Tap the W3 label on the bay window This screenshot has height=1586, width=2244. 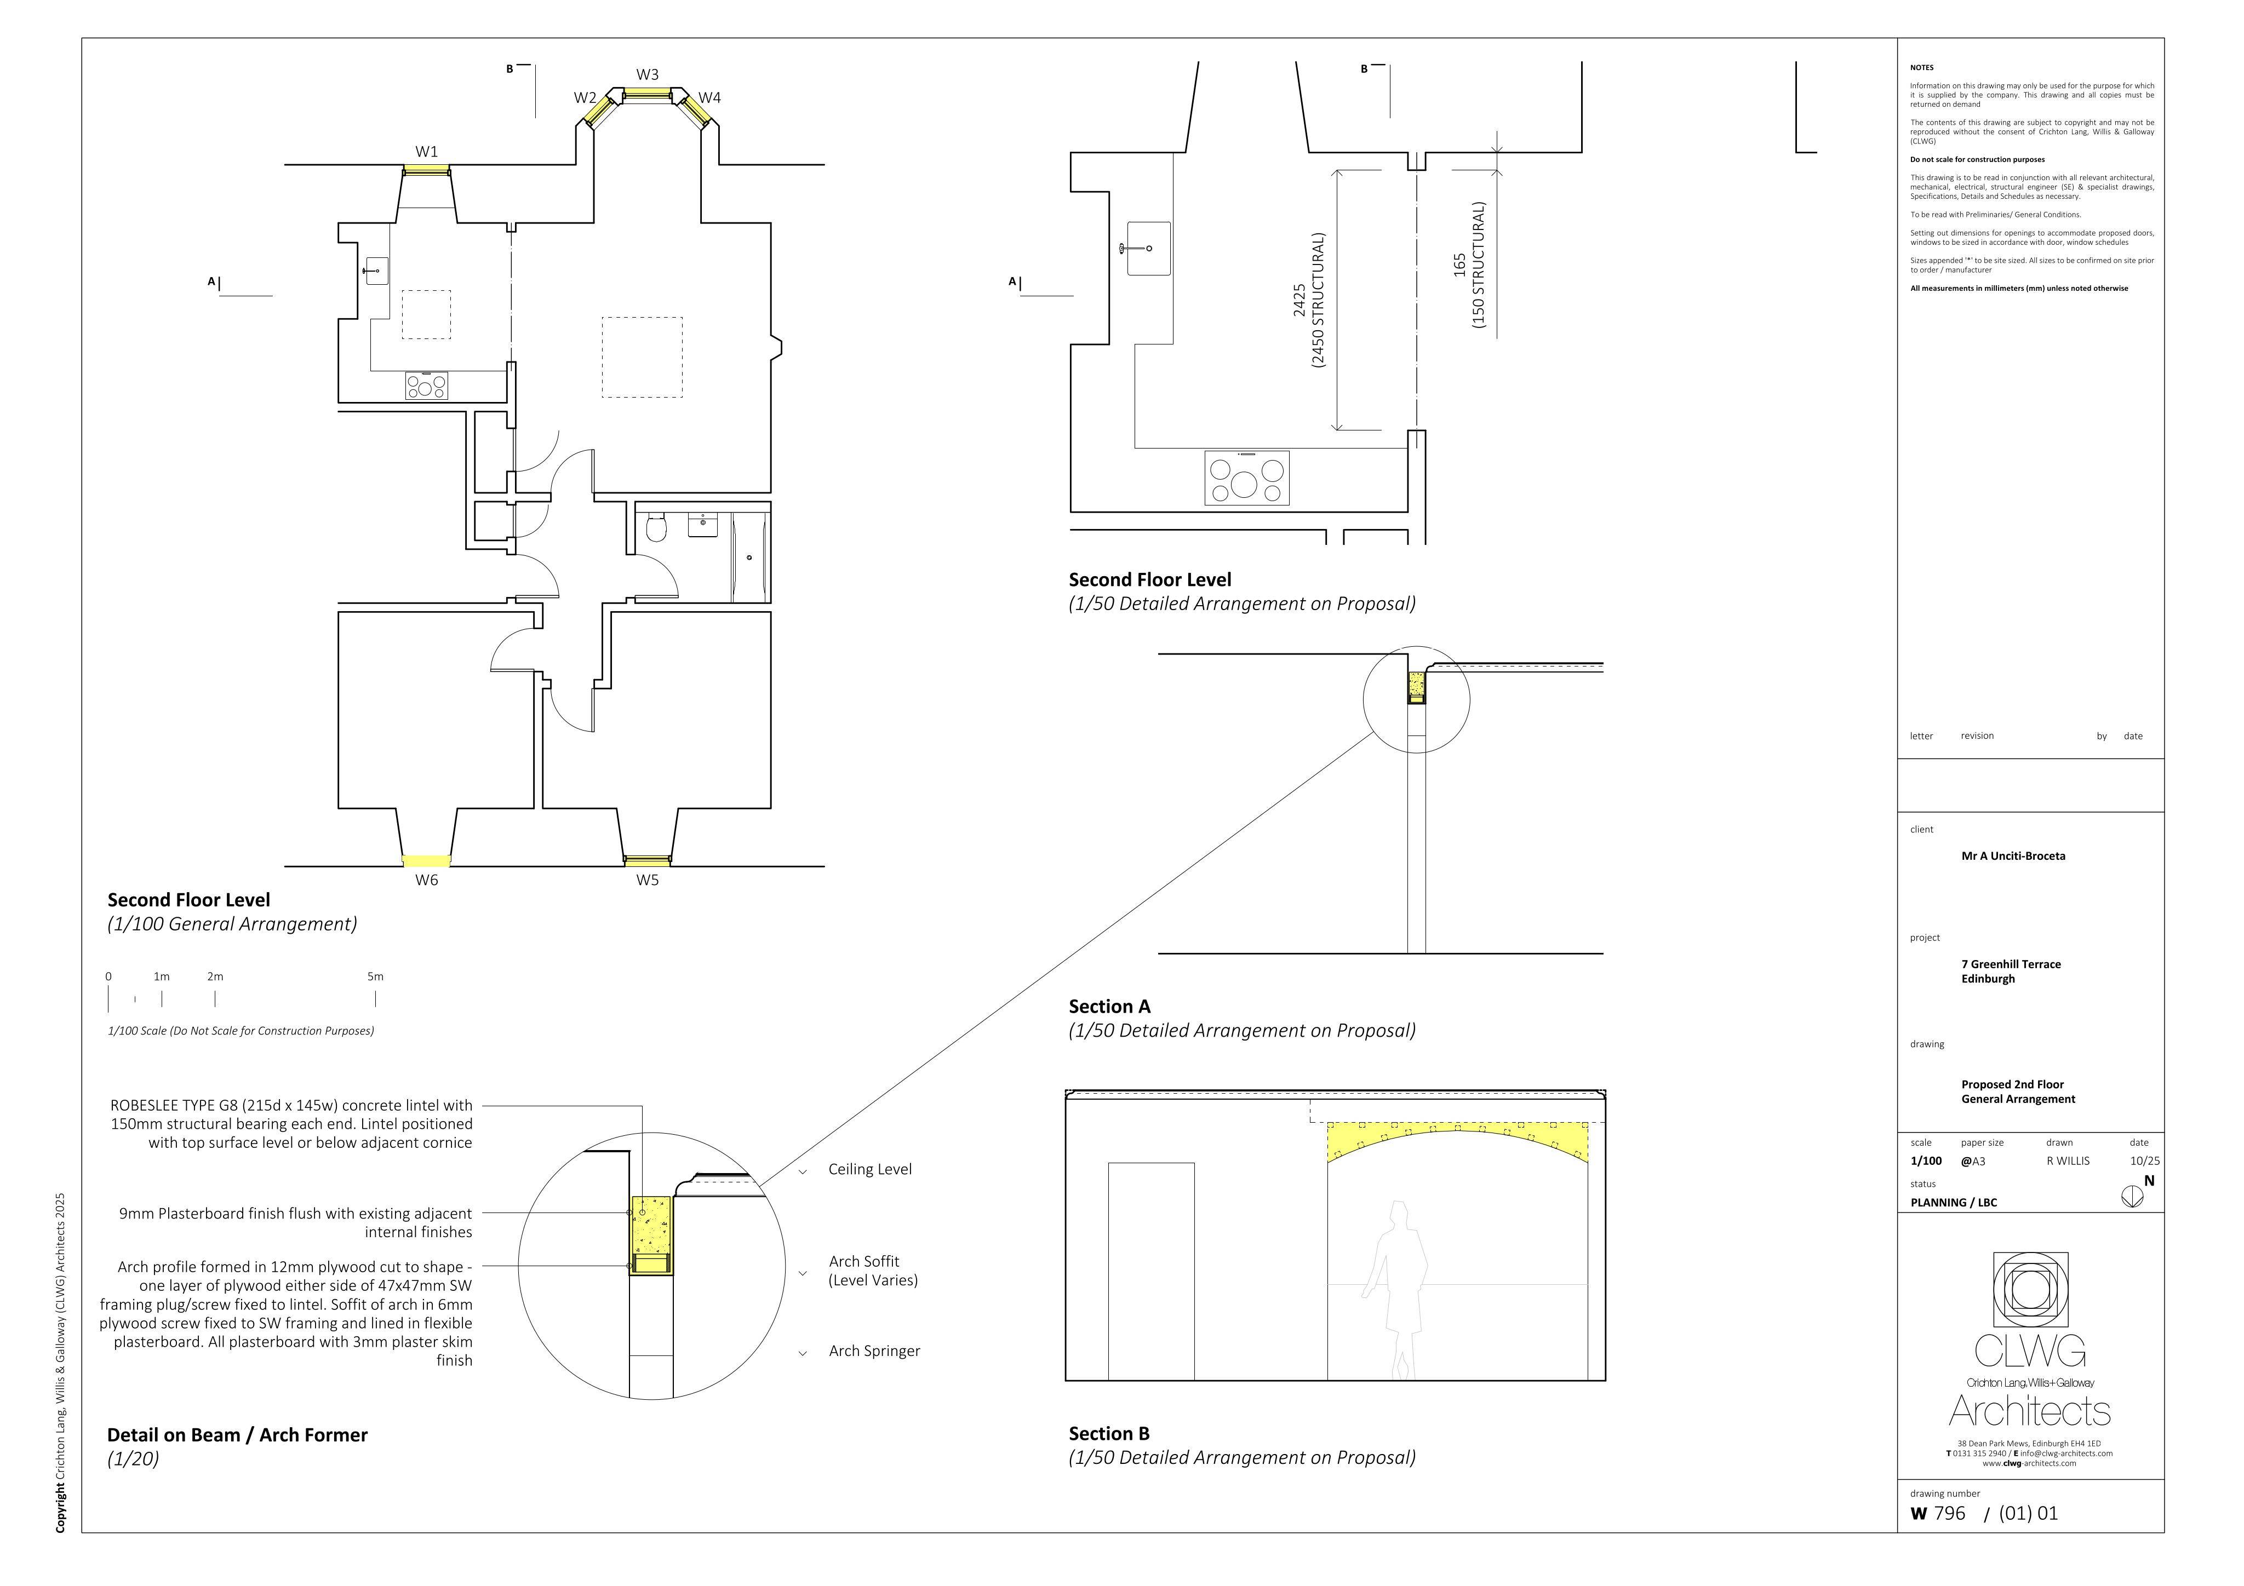point(647,74)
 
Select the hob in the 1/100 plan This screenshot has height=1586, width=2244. point(427,386)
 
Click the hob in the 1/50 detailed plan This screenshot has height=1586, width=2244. point(1246,478)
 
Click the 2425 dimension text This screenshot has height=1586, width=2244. point(1299,300)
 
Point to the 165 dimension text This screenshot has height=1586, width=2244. point(1459,265)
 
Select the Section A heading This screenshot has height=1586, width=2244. point(1109,1007)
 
